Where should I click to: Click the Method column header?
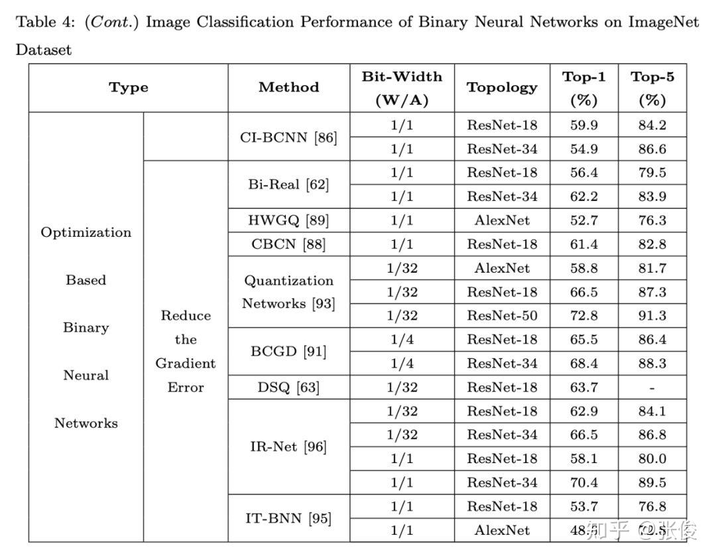288,88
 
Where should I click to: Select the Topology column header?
502,88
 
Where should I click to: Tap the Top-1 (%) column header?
583,88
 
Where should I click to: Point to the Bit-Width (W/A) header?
402,88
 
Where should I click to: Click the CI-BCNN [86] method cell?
288,137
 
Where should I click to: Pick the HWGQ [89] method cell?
288,220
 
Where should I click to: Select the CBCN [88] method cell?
288,244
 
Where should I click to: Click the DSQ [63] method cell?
288,387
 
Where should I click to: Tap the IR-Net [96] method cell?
288,447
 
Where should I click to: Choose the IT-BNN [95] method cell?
288,518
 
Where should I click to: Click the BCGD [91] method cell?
288,352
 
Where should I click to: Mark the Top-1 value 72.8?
583,316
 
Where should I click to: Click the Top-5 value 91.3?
652,316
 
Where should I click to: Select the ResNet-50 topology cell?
502,316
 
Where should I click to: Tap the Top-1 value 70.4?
583,482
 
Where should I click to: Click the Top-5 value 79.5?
652,173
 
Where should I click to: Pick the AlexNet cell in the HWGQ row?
502,220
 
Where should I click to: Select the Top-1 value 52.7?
583,220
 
